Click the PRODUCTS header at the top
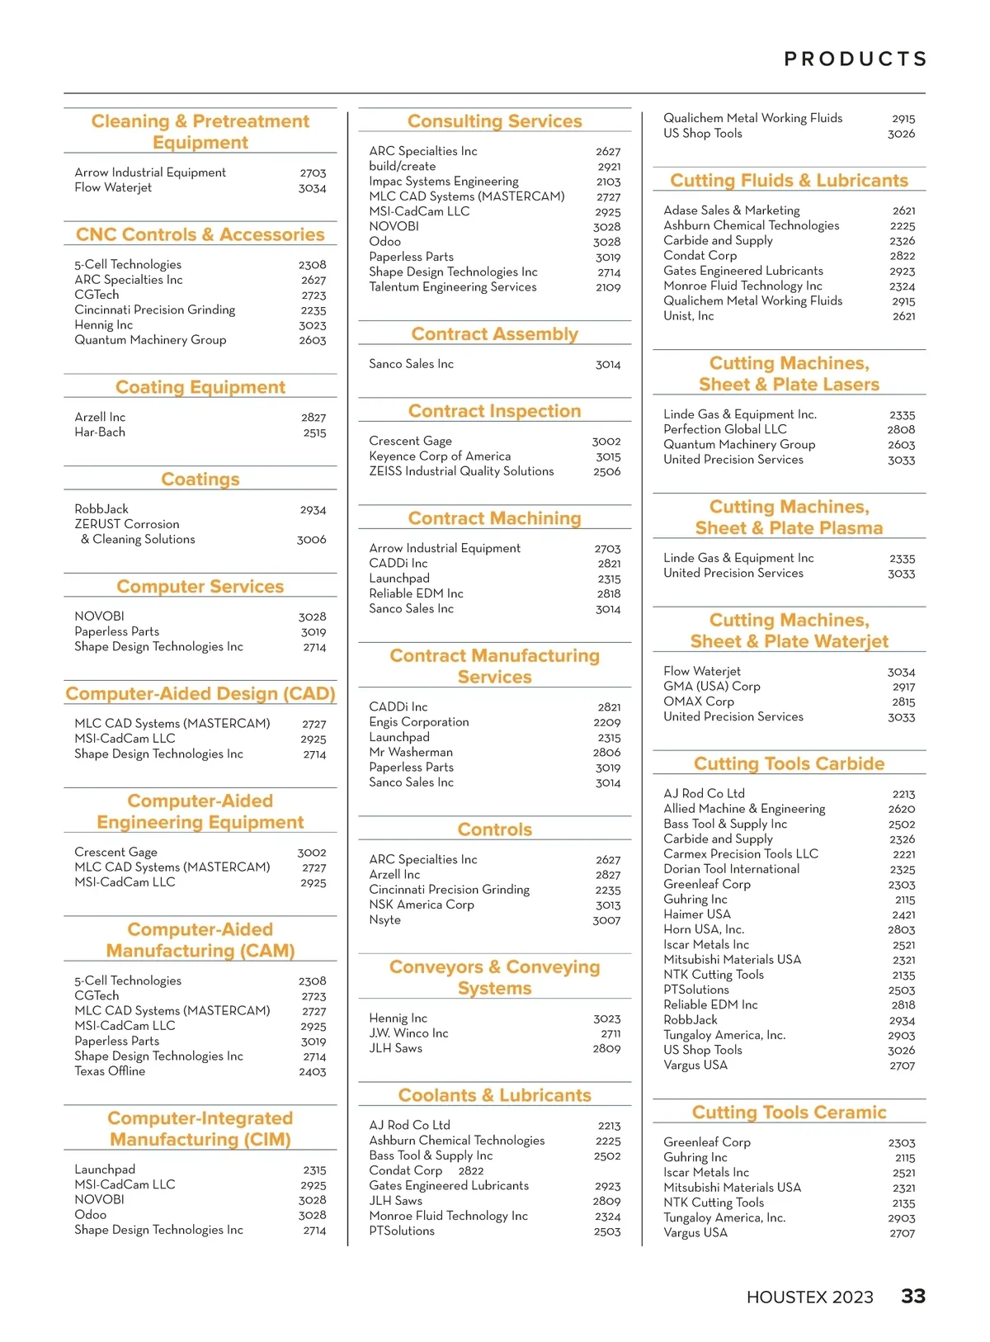point(856,59)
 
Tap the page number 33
point(913,1296)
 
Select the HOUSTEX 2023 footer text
point(809,1297)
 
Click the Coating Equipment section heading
point(200,387)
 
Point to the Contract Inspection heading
point(494,411)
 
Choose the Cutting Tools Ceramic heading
point(789,1112)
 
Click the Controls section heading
point(494,829)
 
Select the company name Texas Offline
point(110,1071)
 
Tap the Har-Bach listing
point(100,432)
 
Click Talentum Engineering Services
point(452,287)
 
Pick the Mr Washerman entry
point(411,753)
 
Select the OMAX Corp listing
point(698,702)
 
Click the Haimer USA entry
point(697,914)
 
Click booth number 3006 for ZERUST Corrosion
point(311,540)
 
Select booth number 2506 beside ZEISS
point(606,471)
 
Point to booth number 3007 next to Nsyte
point(606,920)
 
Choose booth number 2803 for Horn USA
point(901,930)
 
